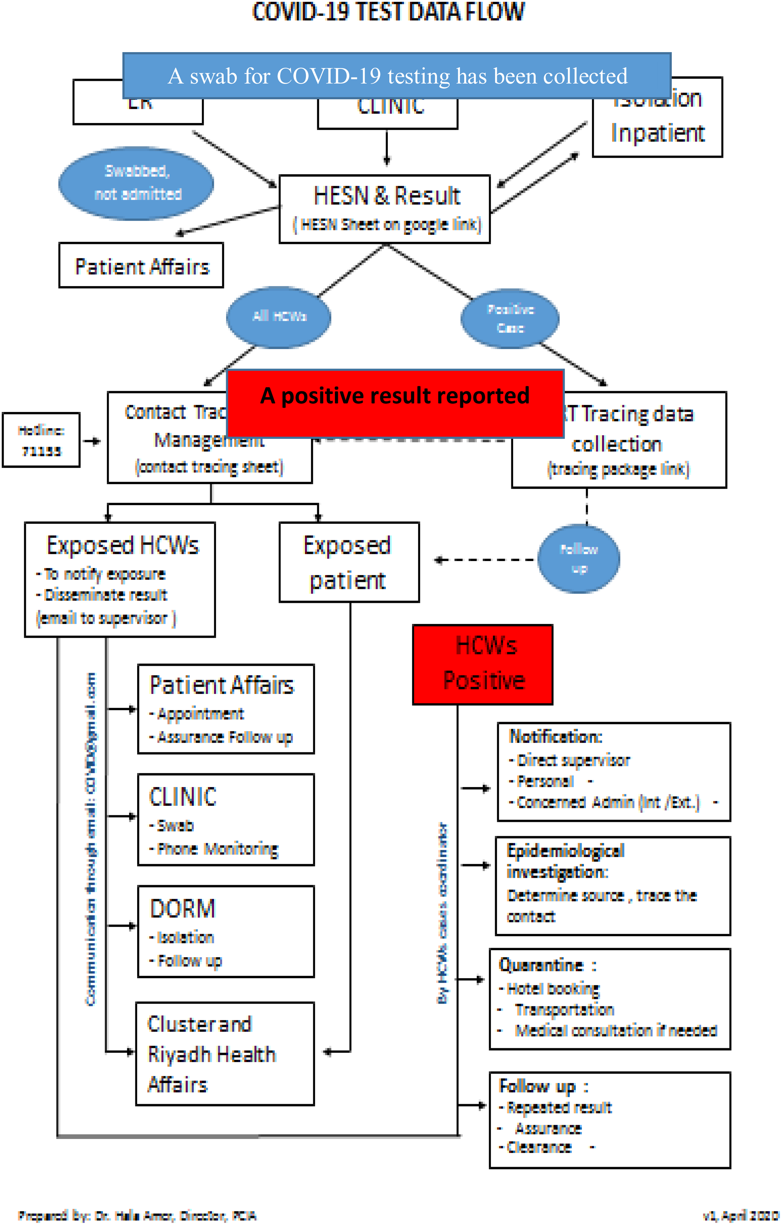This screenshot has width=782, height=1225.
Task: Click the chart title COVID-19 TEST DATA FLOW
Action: pos(388,12)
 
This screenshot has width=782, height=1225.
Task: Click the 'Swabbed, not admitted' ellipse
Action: pos(137,183)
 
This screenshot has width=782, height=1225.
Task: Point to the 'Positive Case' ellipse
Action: pos(510,318)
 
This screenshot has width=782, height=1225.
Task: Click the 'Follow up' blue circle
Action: pos(579,559)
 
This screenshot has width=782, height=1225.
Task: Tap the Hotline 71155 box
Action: pos(41,440)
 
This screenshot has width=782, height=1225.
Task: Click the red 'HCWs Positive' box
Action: pos(483,664)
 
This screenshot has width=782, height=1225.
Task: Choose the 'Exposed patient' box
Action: pos(349,562)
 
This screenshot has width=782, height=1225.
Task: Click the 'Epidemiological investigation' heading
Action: pos(565,861)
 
